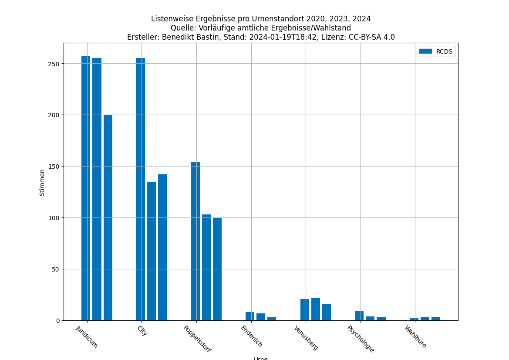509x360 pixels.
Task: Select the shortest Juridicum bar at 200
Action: [x=108, y=217]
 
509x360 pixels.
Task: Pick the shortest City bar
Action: [x=152, y=251]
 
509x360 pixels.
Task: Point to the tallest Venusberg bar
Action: [x=316, y=309]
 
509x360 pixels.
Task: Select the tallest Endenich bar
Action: [x=250, y=316]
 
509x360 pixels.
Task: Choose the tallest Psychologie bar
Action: [x=359, y=316]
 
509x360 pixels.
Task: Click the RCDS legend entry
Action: [x=436, y=51]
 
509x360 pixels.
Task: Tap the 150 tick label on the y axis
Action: [x=54, y=166]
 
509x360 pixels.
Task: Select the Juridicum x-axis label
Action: [x=87, y=336]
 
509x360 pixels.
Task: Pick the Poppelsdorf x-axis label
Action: [x=197, y=339]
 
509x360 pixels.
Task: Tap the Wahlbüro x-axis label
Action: [x=415, y=336]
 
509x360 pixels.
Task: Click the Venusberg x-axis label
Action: [x=306, y=338]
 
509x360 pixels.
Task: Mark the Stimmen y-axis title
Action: [x=42, y=182]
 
